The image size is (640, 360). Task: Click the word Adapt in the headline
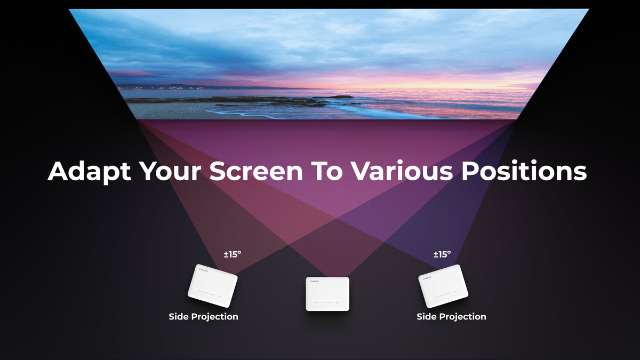89,171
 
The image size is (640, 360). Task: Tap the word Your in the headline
171,171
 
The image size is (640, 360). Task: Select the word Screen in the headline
255,171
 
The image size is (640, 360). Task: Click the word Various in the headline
402,171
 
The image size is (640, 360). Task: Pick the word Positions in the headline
524,171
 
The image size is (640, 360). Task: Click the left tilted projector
213,286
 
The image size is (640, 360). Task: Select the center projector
327,294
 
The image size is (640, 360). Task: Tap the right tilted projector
443,286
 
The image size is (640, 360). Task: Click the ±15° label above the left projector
233,254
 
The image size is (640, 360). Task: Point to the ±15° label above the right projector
442,254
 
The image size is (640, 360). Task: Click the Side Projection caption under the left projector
203,317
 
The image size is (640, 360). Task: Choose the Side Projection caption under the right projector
451,317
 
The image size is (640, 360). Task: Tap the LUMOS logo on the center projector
314,282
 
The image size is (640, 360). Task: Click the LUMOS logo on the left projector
204,270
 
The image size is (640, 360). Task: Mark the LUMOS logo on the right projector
427,278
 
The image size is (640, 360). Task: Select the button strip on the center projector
327,302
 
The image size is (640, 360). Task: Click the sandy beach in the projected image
171,111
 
